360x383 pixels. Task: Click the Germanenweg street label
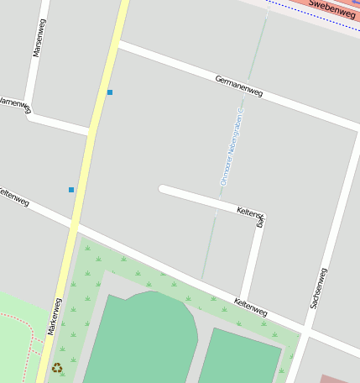coord(238,86)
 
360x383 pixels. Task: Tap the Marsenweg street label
coord(39,38)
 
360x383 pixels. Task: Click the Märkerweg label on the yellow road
coord(55,317)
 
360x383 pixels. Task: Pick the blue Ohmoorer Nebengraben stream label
coord(232,146)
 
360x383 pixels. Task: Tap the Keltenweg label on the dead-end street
coord(252,216)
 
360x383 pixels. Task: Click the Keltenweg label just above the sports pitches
coord(250,307)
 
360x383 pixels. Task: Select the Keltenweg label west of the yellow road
coord(14,197)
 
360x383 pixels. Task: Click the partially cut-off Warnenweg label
coord(14,104)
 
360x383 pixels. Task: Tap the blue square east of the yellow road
coord(109,92)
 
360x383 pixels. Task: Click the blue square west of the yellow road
coord(71,190)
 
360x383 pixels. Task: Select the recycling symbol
coord(57,367)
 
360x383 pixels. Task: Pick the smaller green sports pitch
coord(239,357)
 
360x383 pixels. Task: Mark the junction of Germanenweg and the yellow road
coord(118,44)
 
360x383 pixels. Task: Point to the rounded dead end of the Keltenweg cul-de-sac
coord(163,189)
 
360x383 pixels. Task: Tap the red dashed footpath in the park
coord(21,319)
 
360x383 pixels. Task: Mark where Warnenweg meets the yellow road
coord(89,131)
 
